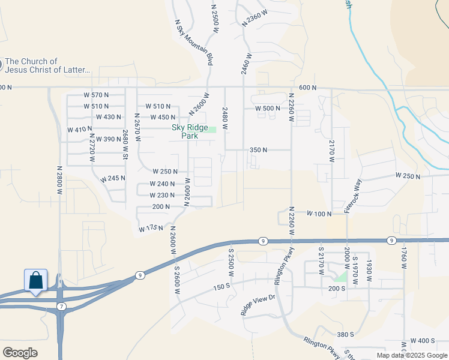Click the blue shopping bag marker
click(35, 280)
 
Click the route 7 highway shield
click(61, 306)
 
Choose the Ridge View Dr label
click(258, 305)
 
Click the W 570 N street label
click(96, 95)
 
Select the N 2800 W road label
click(60, 179)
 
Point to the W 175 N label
click(151, 229)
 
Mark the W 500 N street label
click(267, 108)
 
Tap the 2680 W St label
click(125, 145)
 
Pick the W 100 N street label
click(319, 214)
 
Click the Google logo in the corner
click(20, 353)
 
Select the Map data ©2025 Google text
click(411, 355)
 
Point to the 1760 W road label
click(404, 259)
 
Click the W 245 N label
click(113, 179)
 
